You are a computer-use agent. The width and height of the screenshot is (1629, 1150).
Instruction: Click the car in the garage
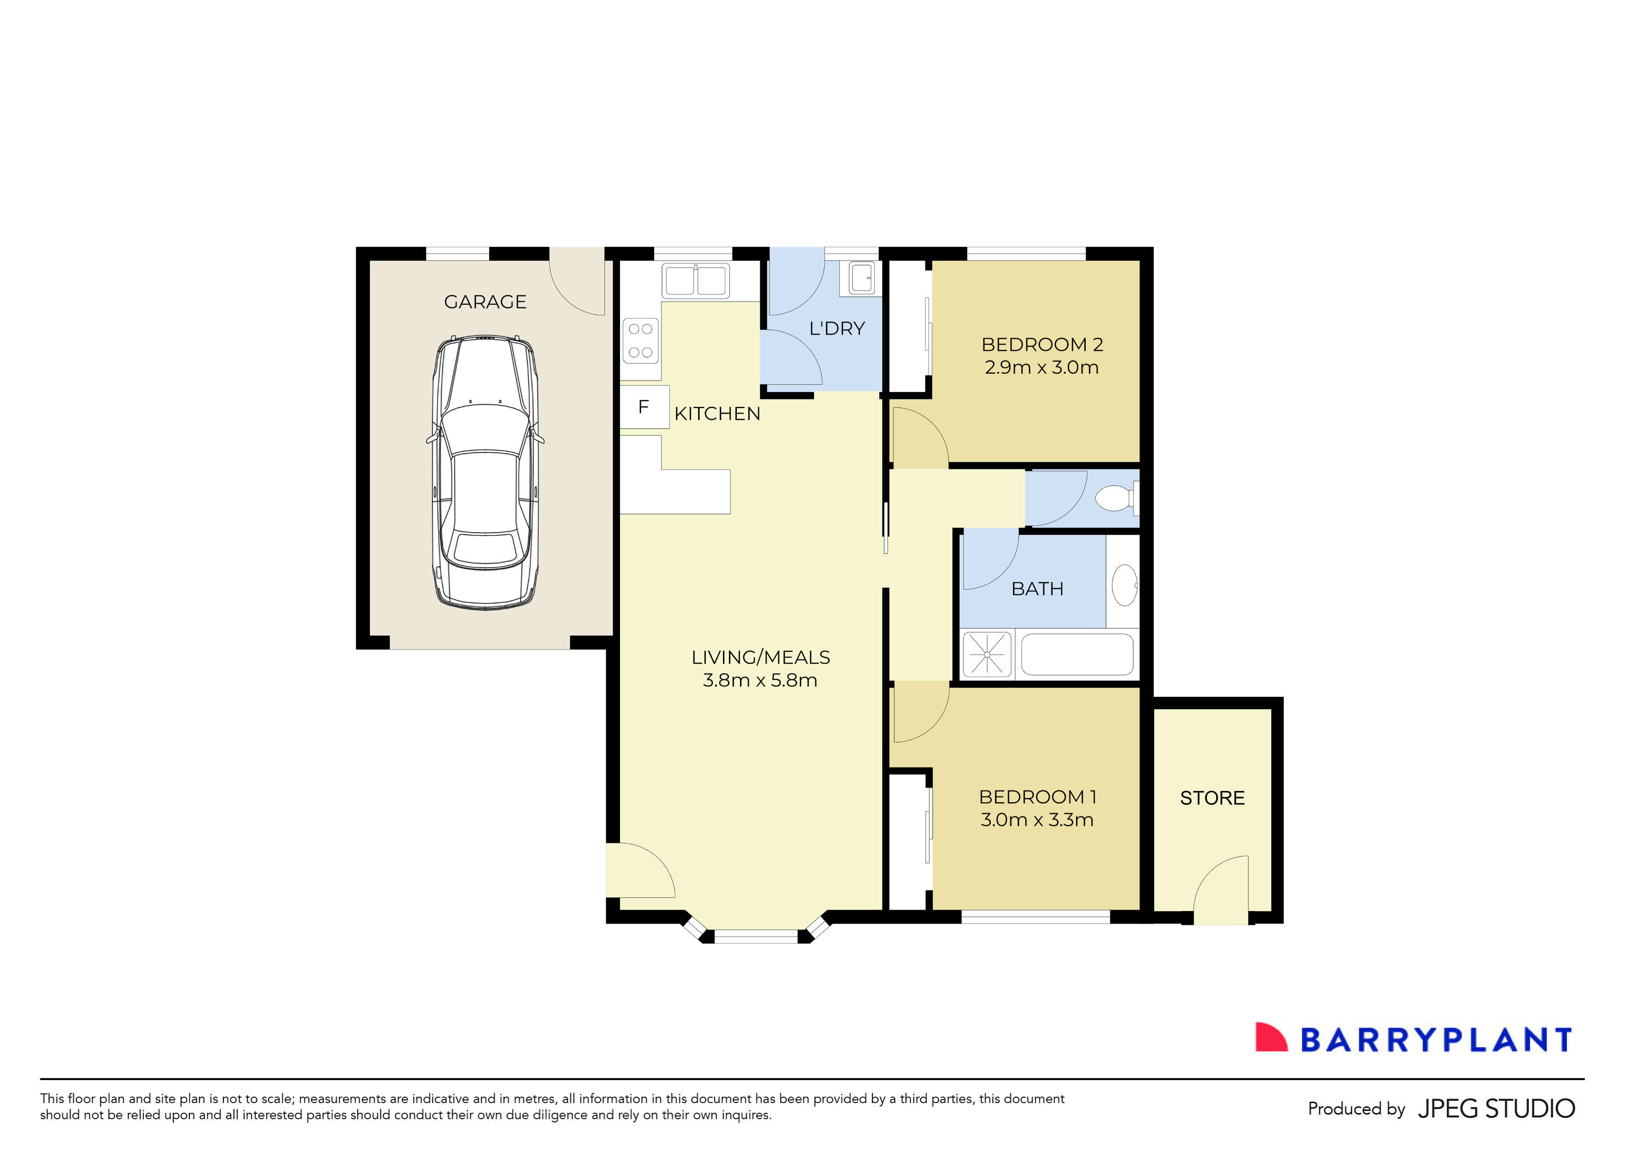(485, 472)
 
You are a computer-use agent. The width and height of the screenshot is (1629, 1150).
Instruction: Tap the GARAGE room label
(485, 302)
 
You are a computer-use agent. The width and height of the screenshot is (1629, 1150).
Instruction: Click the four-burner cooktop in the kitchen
(641, 341)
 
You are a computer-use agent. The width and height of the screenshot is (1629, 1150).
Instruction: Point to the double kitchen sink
(695, 280)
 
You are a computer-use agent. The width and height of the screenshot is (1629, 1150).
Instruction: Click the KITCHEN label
(718, 414)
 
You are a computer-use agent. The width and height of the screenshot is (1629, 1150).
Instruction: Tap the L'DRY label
(837, 329)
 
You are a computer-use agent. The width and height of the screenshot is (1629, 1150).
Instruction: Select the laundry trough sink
(862, 278)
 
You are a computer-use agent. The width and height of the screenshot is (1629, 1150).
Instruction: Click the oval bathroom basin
(1125, 585)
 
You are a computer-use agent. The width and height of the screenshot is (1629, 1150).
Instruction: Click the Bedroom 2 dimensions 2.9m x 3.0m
(1042, 368)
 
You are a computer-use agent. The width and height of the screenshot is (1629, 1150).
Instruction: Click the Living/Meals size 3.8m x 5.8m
(760, 680)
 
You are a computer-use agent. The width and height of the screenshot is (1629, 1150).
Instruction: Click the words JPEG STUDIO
(1496, 1109)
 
